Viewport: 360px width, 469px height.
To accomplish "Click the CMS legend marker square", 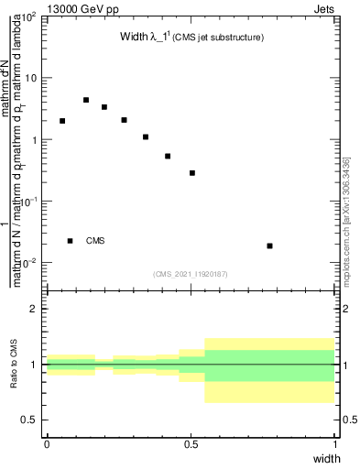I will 71,241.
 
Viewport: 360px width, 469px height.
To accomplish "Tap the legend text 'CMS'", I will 95,241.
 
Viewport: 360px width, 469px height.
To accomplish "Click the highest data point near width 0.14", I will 86,100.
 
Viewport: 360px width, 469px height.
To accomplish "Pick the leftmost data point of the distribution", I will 62,121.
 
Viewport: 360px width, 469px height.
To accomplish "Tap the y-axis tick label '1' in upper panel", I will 34,140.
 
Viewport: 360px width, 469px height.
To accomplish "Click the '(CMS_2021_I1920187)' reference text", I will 191,274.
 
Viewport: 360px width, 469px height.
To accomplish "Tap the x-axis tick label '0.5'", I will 191,442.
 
